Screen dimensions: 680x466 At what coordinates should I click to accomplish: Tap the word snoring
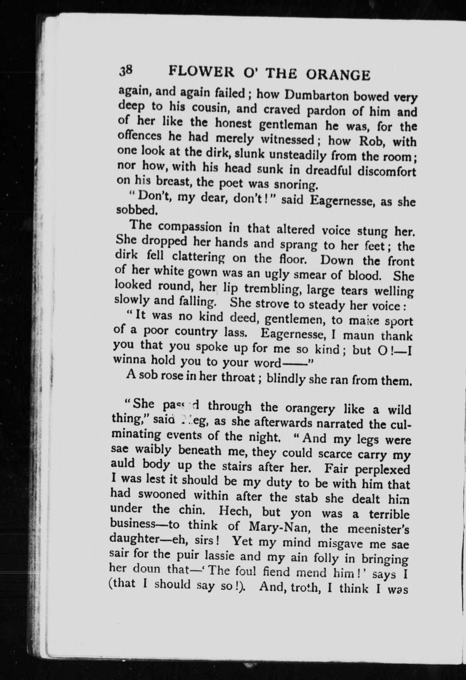click(x=295, y=185)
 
